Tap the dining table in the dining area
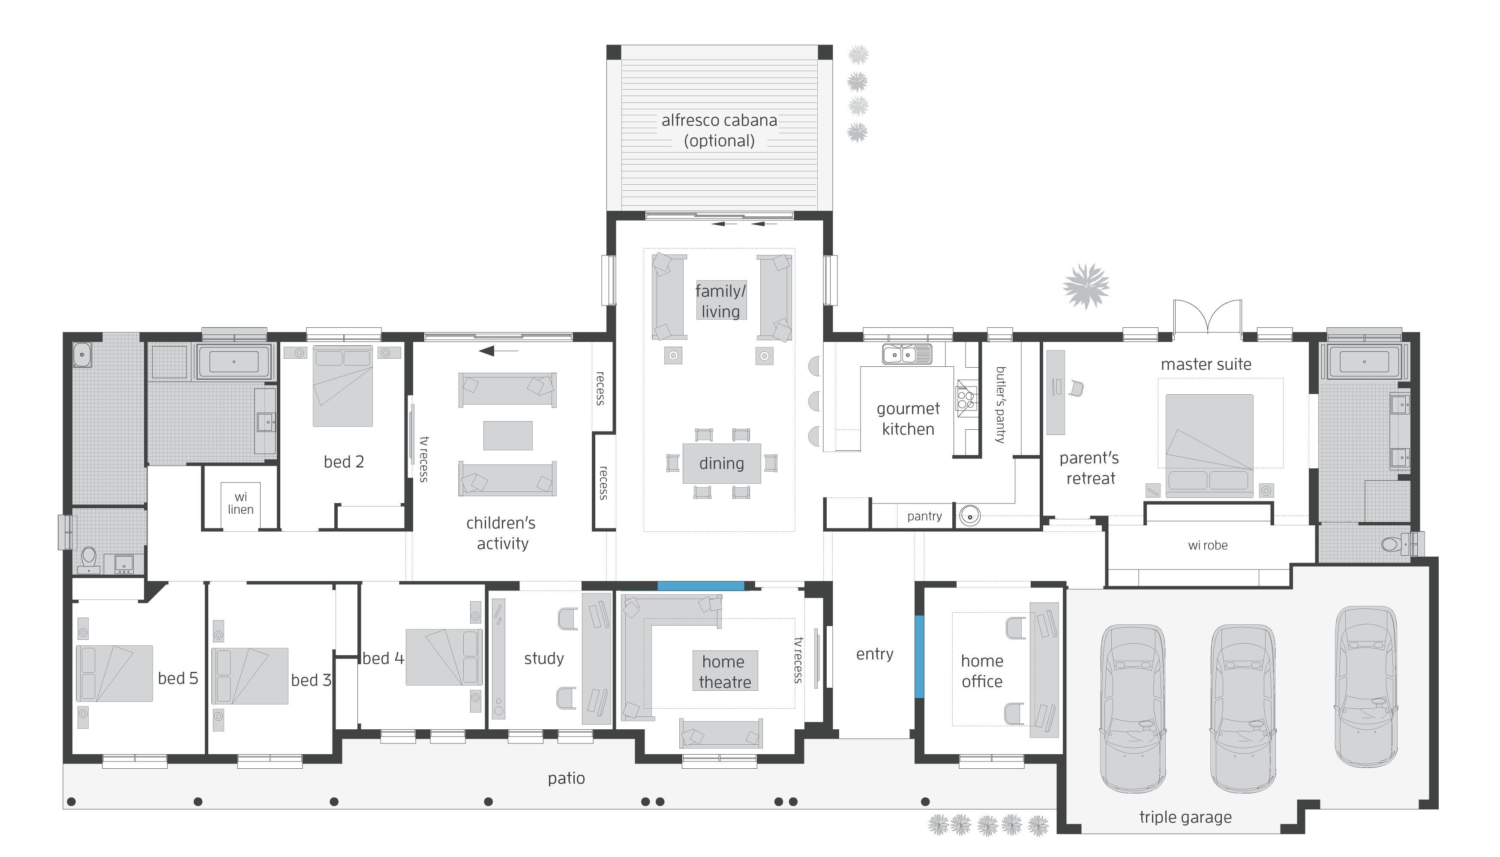[721, 463]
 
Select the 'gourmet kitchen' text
[908, 419]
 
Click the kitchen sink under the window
[906, 354]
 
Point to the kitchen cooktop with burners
[966, 399]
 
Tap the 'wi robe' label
[1207, 545]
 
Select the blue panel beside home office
[919, 656]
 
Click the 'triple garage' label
[1185, 817]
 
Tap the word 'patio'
[566, 778]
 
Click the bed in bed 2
[342, 386]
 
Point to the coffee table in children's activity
[507, 435]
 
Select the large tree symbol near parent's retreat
[1086, 286]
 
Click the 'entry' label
[874, 654]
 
